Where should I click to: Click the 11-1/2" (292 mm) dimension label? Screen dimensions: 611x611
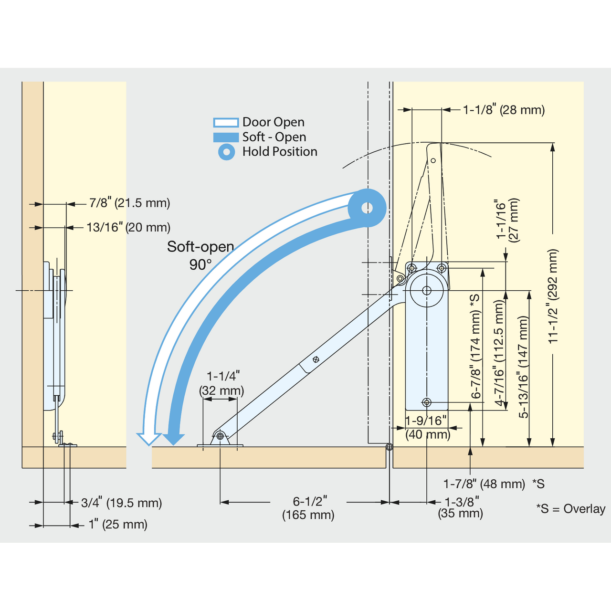click(553, 296)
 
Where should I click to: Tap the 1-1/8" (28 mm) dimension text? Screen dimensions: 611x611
click(504, 110)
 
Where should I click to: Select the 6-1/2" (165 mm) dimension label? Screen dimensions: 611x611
click(308, 508)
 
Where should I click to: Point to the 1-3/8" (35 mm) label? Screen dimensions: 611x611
click(460, 507)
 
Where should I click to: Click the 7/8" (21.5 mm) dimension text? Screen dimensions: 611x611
click(130, 203)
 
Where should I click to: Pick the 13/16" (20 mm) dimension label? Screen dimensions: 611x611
click(128, 227)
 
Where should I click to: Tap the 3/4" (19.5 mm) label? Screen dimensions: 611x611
click(121, 503)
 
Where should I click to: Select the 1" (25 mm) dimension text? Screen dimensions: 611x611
click(118, 525)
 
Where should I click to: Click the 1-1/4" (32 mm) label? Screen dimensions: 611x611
click(221, 383)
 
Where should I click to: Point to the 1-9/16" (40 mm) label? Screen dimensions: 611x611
click(428, 427)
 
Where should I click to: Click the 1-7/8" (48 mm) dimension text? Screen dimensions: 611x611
click(484, 484)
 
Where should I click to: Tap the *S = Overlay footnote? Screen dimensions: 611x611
click(571, 508)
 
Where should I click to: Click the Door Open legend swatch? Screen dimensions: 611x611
click(226, 122)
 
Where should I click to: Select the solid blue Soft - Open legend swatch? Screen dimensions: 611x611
click(226, 137)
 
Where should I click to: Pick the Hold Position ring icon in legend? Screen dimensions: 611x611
click(227, 152)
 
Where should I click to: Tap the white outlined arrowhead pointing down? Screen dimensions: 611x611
click(149, 439)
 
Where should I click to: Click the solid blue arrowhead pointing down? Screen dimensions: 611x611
click(174, 439)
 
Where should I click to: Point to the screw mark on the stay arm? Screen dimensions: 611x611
click(316, 359)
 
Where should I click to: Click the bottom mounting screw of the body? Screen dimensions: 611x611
click(427, 402)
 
